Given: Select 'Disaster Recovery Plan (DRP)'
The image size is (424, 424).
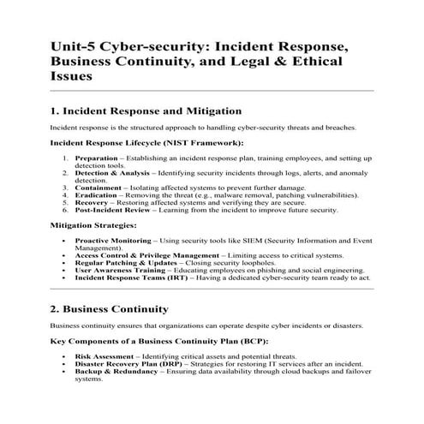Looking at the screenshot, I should (129, 362).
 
